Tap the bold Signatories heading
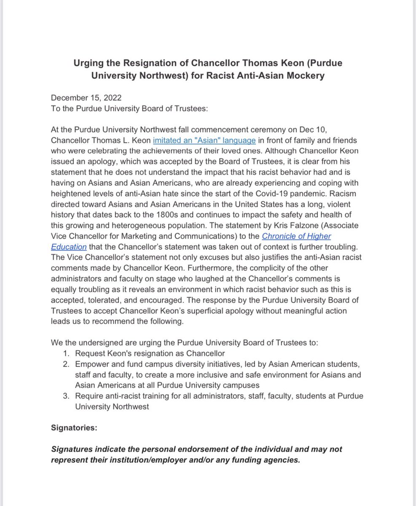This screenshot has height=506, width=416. [74, 428]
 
